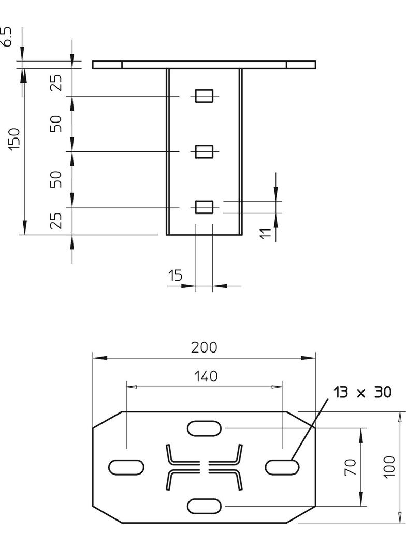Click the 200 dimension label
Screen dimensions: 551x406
[204, 347]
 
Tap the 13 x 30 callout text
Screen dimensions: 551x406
[362, 393]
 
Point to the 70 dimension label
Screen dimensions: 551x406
[351, 467]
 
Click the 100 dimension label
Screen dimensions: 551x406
[389, 467]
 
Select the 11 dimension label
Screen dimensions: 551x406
[266, 233]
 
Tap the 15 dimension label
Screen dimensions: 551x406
[176, 275]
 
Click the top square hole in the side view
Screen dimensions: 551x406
[204, 96]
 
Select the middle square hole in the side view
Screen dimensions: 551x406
[204, 151]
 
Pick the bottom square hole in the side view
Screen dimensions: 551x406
[204, 207]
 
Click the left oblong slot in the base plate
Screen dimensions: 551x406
[126, 467]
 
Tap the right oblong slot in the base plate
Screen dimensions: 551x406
[282, 467]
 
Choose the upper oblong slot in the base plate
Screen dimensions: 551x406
[205, 428]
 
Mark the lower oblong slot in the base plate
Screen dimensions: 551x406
[205, 506]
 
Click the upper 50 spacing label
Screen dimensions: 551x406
[56, 124]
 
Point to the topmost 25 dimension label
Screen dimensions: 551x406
[56, 83]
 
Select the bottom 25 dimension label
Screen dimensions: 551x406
[56, 221]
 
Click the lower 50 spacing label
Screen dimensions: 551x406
[56, 179]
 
